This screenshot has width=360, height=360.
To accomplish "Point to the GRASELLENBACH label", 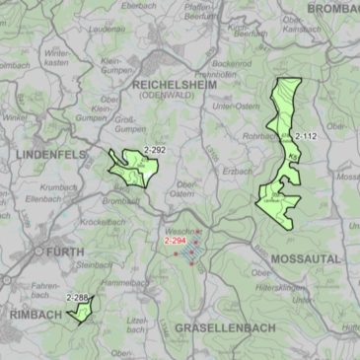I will (x=220, y=326).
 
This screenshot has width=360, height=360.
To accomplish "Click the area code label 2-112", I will (x=305, y=135).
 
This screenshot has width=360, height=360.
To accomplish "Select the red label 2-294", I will (x=176, y=241).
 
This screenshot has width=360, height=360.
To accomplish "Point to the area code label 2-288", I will (x=77, y=297).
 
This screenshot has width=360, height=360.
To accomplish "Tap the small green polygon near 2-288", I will (x=80, y=312).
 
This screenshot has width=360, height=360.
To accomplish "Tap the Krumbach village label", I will (x=58, y=186).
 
